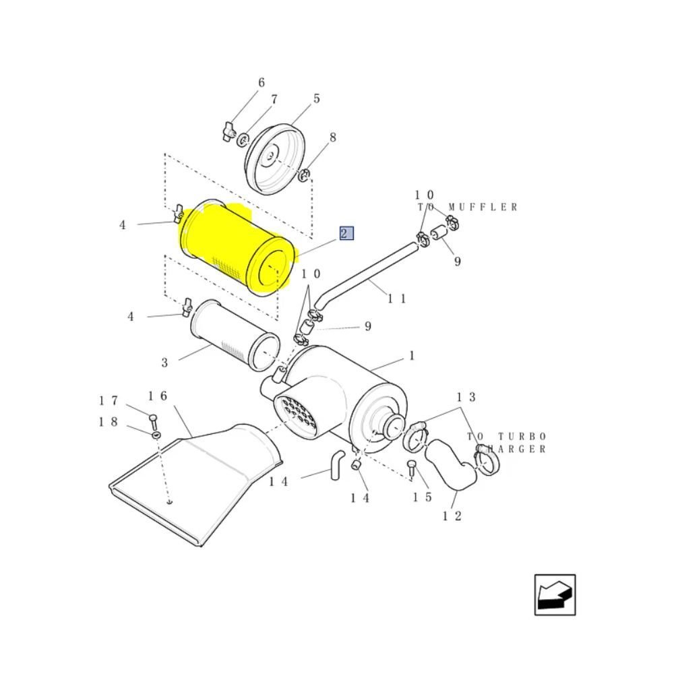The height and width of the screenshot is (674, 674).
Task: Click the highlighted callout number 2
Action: (346, 233)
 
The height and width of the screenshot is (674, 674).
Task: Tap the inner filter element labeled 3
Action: (235, 335)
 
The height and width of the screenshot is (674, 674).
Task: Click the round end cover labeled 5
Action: (275, 159)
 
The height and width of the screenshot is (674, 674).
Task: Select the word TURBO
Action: (522, 437)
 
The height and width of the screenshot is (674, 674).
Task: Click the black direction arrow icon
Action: (555, 595)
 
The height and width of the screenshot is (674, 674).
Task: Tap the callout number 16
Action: (157, 396)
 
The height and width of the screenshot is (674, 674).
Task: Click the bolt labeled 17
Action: (153, 422)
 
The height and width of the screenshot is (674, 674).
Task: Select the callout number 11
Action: (397, 299)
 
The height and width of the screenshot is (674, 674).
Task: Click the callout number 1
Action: (412, 356)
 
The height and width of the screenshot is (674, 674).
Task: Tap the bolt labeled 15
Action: (411, 468)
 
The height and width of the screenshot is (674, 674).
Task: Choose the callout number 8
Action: (333, 137)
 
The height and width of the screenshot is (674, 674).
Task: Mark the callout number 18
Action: (109, 422)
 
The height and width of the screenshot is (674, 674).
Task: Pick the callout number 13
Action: (466, 397)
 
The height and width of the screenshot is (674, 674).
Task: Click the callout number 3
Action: (164, 363)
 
